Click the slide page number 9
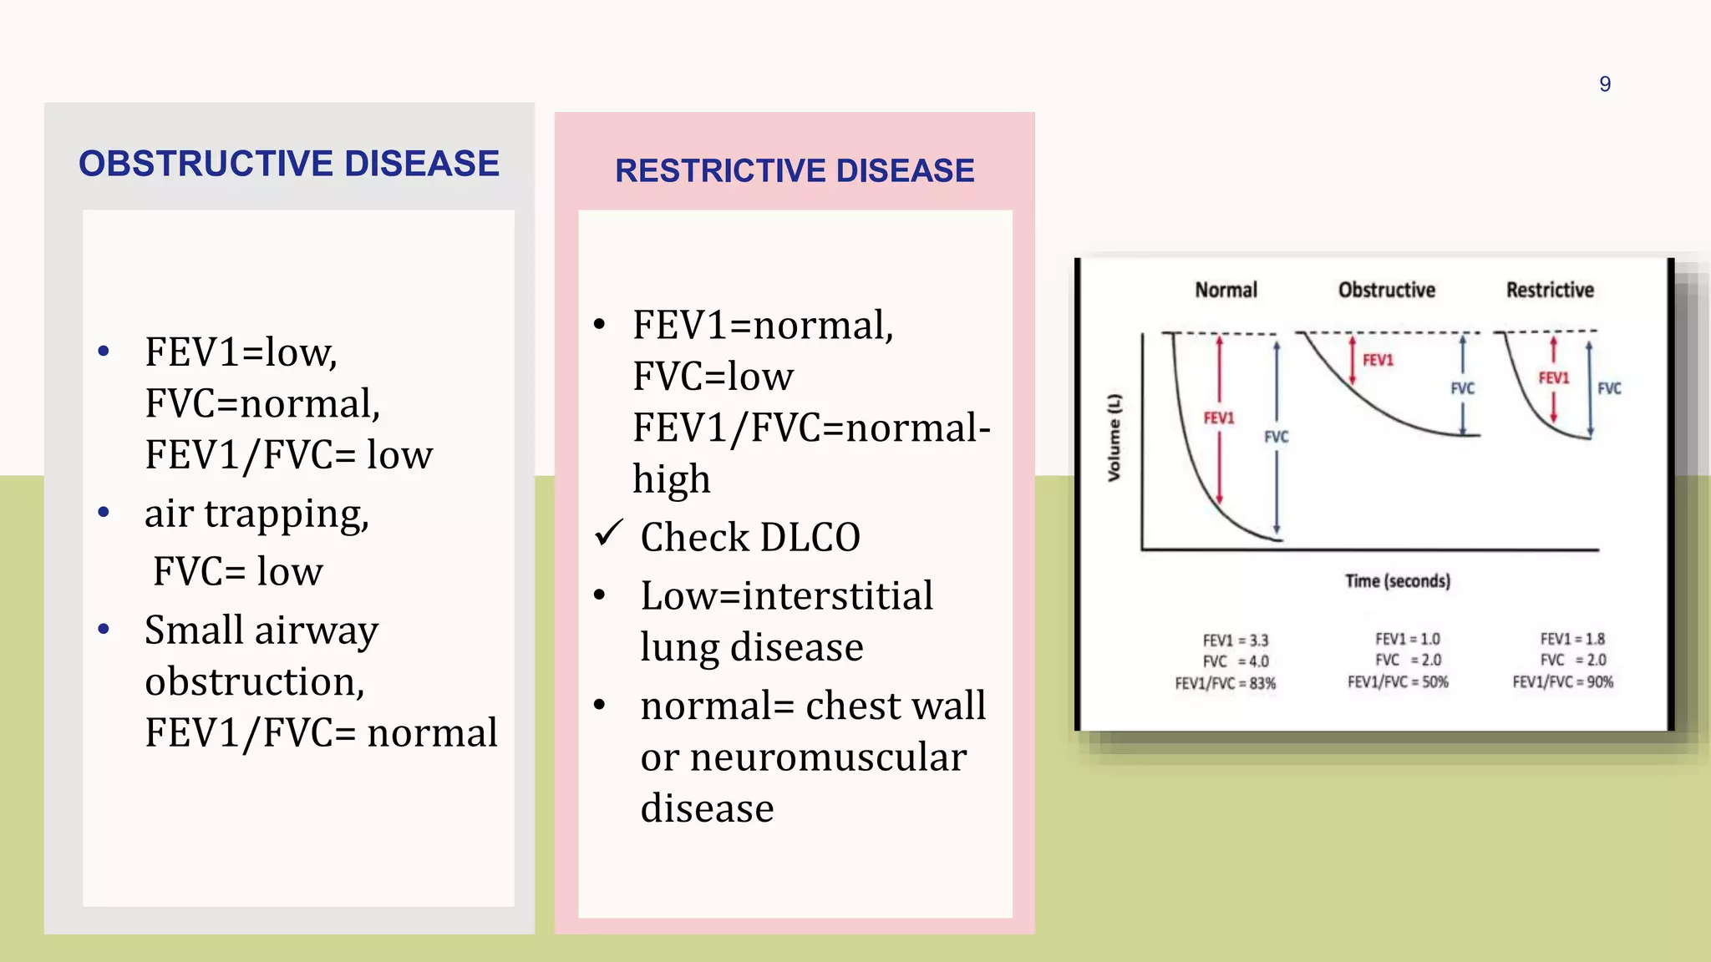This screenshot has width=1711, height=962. (x=1604, y=84)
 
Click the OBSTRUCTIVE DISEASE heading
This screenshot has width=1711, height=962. (x=289, y=164)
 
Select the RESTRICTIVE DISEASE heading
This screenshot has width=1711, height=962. (x=795, y=171)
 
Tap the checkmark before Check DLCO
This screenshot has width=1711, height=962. (x=609, y=533)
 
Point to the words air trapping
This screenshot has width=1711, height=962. (x=256, y=514)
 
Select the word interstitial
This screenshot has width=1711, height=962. (x=837, y=596)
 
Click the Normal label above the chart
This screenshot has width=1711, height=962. (x=1226, y=290)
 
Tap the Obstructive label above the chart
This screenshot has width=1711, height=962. (x=1386, y=290)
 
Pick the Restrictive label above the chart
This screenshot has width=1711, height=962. (x=1550, y=290)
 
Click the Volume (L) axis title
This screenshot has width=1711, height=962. (x=1114, y=438)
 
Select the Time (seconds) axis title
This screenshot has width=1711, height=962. (x=1397, y=580)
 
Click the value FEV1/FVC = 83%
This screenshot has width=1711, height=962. (x=1225, y=683)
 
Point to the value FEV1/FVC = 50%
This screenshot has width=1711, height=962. (x=1397, y=681)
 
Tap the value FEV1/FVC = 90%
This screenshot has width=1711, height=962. (x=1562, y=681)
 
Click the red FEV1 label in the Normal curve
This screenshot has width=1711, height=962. (x=1218, y=418)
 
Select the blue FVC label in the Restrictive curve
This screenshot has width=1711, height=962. (x=1609, y=388)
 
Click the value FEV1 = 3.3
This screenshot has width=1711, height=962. (x=1235, y=640)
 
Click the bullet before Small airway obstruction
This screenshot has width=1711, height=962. (x=104, y=629)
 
